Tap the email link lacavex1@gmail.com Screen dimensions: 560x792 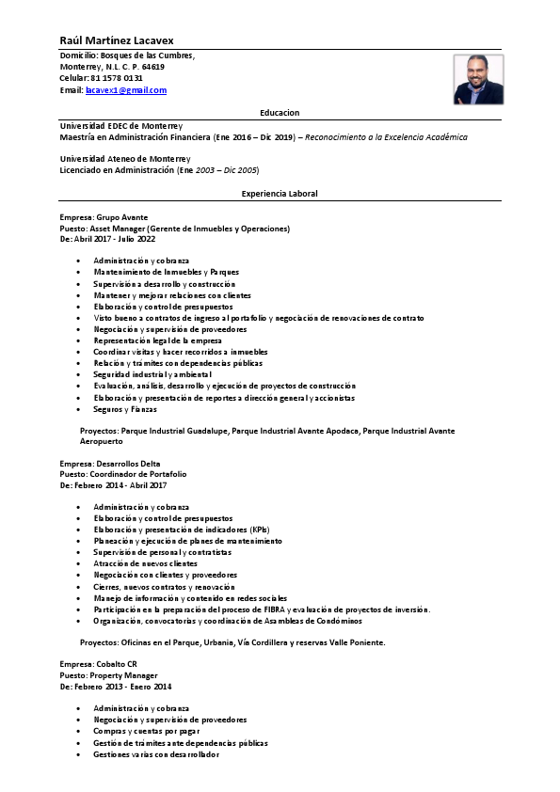pyautogui.click(x=125, y=90)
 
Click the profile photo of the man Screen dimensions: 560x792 pyautogui.click(x=478, y=79)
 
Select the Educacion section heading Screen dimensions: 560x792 pyautogui.click(x=280, y=111)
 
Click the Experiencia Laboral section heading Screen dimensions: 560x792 pyautogui.click(x=280, y=194)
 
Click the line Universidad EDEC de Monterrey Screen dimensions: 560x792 pyautogui.click(x=121, y=125)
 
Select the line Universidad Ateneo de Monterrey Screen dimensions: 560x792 pyautogui.click(x=125, y=159)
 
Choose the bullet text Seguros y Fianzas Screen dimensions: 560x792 pyautogui.click(x=125, y=409)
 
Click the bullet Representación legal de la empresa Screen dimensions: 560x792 pyautogui.click(x=157, y=341)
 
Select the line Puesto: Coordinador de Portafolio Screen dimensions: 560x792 pyautogui.click(x=123, y=474)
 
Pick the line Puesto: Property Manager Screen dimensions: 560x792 pyautogui.click(x=108, y=675)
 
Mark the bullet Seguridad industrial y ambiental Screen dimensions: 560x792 pyautogui.click(x=152, y=374)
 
